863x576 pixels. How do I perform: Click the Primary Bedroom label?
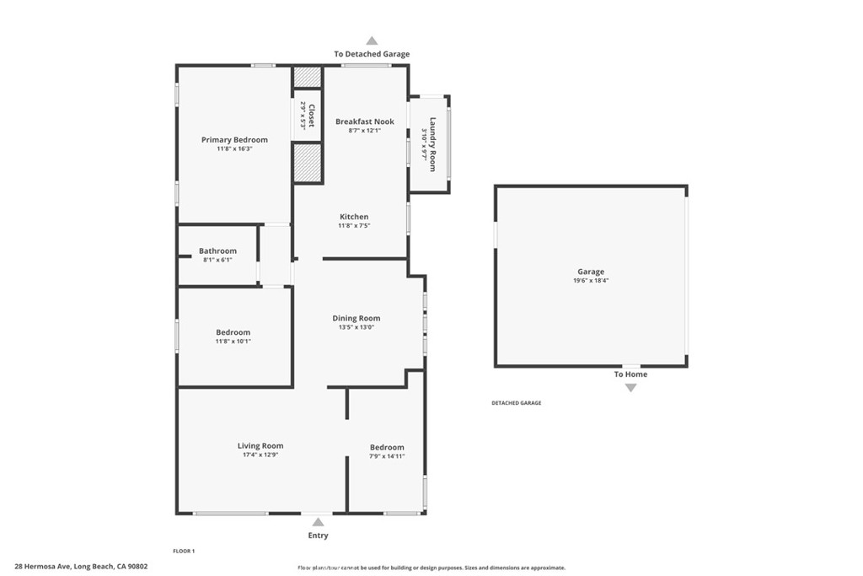234,140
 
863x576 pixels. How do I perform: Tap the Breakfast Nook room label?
365,121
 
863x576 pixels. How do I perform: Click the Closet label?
311,116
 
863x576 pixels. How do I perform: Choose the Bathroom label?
217,250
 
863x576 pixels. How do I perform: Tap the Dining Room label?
356,318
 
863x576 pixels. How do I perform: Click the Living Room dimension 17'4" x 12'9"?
260,455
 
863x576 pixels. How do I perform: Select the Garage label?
591,272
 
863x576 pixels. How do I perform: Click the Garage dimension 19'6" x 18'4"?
591,281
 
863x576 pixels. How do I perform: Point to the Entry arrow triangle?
318,522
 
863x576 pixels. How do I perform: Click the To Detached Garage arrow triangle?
372,40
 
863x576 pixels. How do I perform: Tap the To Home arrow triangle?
630,388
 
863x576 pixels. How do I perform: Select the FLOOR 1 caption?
184,551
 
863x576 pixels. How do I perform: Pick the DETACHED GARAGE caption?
517,403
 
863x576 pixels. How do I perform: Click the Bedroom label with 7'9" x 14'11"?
387,447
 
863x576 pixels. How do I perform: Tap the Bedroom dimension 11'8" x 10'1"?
233,341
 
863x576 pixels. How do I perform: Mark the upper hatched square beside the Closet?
308,77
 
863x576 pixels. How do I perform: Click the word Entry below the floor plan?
318,536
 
